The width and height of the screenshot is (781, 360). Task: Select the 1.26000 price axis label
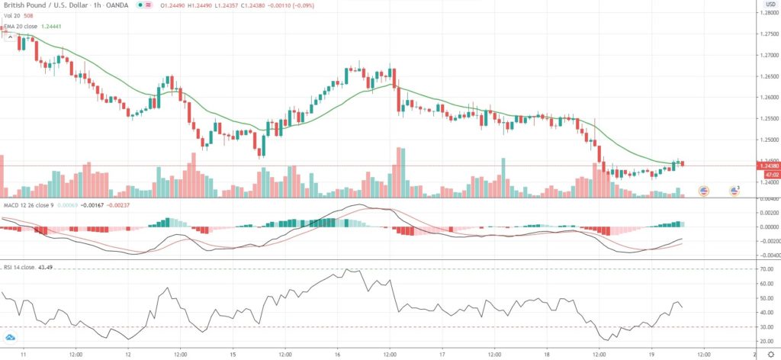coord(764,98)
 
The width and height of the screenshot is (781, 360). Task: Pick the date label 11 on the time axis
coord(24,355)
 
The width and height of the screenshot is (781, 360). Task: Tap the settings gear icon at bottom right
coord(770,355)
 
